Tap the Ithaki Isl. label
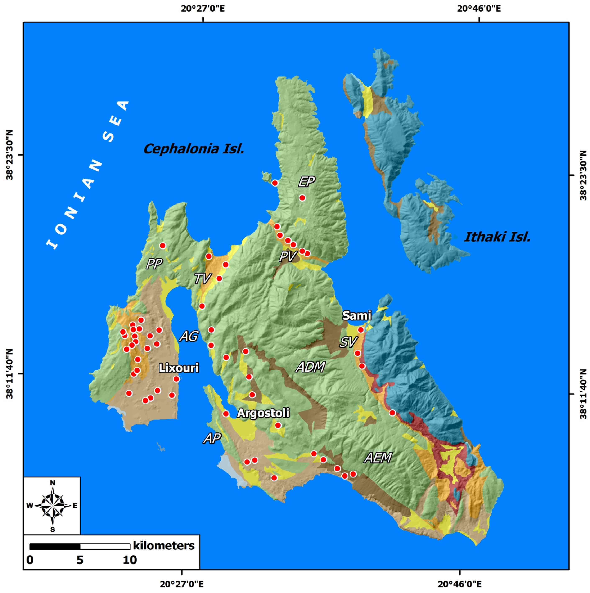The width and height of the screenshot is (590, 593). coord(497,237)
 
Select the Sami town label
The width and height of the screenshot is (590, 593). coord(357,315)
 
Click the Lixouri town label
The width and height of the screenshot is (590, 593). coord(179,368)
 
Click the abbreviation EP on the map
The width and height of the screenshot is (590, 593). coord(307,182)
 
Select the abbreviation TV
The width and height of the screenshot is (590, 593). coord(203,279)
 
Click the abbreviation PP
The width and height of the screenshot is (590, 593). coord(154,263)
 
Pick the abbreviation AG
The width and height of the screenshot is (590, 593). coord(189,336)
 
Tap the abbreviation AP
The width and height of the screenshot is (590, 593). coord(212,439)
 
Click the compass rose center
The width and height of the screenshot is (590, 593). coord(53,506)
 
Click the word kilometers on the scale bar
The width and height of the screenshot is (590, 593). coord(164,545)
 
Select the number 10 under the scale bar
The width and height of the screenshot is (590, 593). coord(130,560)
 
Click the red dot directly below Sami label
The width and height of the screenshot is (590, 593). coord(361,330)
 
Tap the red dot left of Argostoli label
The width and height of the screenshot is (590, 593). coord(226,414)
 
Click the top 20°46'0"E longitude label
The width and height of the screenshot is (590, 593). coord(479,8)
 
